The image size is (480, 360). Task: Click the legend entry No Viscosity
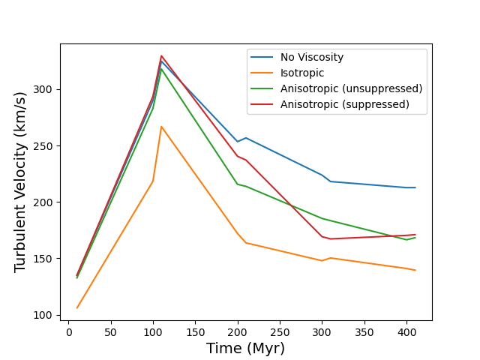312,57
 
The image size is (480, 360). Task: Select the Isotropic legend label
302,73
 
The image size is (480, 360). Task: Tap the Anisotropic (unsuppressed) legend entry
351,88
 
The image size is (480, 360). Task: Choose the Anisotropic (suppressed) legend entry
345,104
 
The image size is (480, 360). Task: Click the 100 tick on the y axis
46,315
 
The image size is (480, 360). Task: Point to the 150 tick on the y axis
46,259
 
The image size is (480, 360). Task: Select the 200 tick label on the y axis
46,202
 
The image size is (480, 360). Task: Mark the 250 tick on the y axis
46,146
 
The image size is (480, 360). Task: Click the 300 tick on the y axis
46,90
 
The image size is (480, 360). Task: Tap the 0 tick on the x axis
69,332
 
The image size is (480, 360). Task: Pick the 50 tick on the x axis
111,332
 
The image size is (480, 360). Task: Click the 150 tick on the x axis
196,332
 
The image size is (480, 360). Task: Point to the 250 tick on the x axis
280,332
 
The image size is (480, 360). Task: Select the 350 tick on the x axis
364,332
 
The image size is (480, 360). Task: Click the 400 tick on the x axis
406,332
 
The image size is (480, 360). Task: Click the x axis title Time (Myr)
246,349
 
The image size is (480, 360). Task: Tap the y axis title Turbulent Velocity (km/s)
20,181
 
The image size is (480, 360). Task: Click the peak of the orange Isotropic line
161,127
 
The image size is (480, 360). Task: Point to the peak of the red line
161,55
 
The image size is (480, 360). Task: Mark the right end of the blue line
415,187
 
